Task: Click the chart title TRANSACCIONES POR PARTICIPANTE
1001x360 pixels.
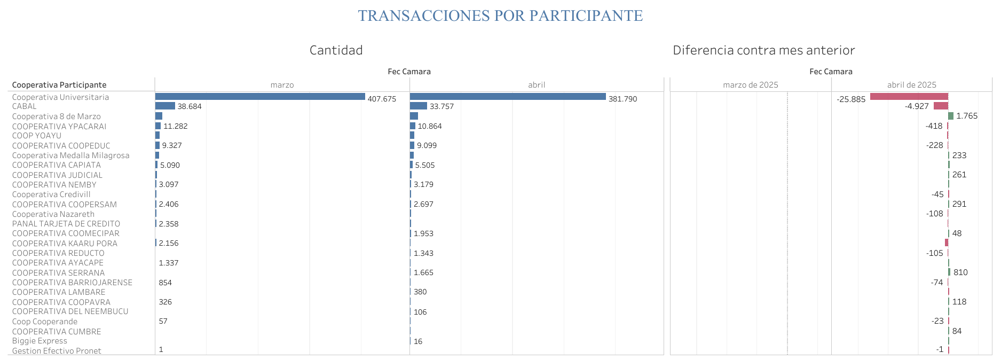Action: (500, 16)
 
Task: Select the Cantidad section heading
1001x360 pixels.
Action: (336, 50)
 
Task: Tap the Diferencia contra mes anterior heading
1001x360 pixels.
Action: (763, 50)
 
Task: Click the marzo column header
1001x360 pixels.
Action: (282, 85)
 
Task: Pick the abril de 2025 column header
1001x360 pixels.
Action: (911, 85)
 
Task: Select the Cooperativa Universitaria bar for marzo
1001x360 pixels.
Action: (260, 97)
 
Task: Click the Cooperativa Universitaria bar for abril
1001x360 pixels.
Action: (508, 97)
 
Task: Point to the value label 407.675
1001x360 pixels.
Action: (382, 99)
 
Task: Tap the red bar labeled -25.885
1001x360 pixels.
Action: (909, 97)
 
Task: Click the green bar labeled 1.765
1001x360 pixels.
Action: (951, 116)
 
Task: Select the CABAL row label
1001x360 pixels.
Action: (25, 106)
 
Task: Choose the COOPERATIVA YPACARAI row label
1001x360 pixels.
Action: (59, 127)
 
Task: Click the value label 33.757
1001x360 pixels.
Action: (442, 106)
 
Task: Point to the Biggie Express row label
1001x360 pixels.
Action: (40, 341)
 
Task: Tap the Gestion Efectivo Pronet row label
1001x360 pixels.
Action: (57, 351)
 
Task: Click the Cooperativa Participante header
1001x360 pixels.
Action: (59, 85)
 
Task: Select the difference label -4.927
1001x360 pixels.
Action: (917, 106)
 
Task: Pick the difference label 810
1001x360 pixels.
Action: (960, 272)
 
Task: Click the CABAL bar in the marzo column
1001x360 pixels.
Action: (165, 106)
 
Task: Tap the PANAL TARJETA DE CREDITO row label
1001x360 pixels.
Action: (66, 224)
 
